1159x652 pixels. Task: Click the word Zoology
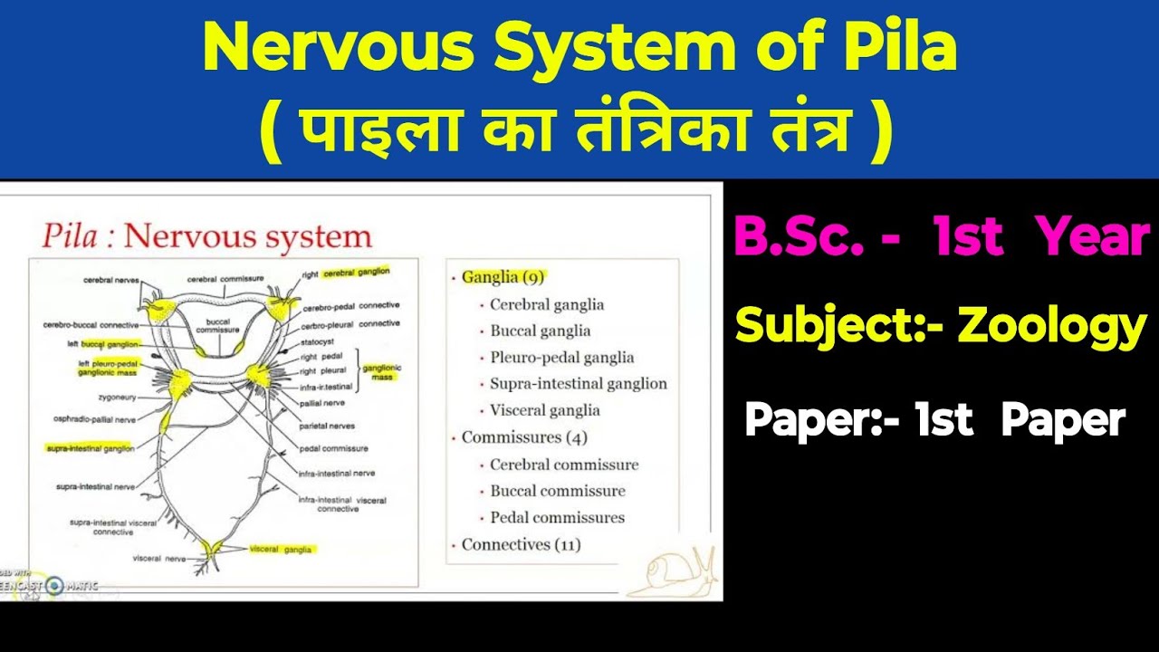(1051, 326)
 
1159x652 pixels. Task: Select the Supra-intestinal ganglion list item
(578, 383)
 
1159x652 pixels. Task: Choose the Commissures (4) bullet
(524, 437)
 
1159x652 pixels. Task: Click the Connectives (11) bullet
(521, 544)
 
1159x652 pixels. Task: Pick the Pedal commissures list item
(557, 517)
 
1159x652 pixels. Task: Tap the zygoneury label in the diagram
(119, 397)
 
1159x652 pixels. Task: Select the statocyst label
(319, 343)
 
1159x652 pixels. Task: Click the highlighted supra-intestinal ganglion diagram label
(91, 448)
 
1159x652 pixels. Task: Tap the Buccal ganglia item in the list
(540, 331)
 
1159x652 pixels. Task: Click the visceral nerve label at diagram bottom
(158, 559)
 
